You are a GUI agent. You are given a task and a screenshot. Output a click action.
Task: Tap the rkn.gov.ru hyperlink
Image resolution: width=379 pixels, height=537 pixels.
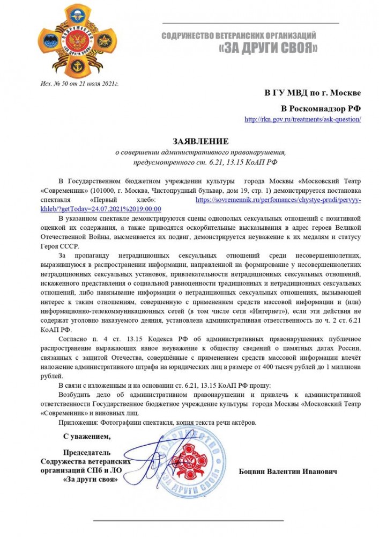coord(302,119)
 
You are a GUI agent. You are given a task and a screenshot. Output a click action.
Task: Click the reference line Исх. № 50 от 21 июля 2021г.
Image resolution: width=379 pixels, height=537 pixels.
coord(80,84)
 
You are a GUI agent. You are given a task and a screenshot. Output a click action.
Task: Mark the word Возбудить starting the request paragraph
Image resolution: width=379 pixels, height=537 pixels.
coord(75,395)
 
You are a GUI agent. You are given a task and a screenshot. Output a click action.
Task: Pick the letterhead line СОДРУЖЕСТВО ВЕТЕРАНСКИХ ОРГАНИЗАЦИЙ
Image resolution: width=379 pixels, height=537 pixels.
coord(239,35)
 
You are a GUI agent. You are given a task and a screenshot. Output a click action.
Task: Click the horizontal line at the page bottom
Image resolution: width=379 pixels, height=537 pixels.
coord(188,520)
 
